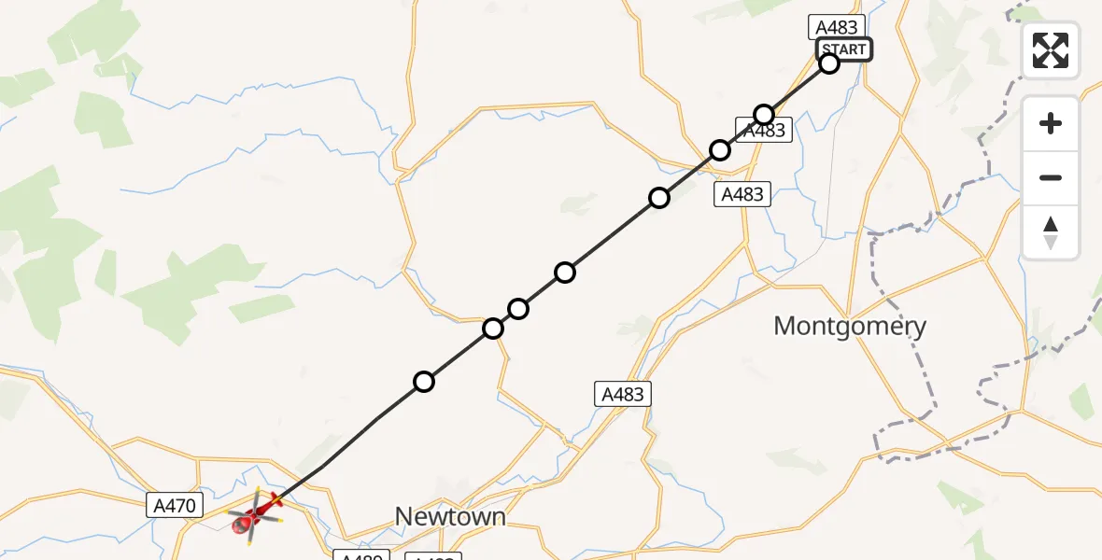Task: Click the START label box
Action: tap(844, 49)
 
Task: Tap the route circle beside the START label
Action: tap(829, 63)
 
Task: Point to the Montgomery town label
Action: tap(850, 326)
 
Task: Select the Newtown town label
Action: tap(450, 516)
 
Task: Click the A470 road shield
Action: tap(175, 506)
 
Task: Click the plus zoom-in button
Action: tap(1051, 123)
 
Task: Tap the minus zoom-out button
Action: tap(1051, 177)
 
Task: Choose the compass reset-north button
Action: tap(1051, 231)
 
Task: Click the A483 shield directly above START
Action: tap(834, 27)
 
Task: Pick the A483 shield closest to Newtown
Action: tap(623, 394)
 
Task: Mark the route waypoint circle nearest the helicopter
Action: tap(424, 381)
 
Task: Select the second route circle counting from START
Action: tap(764, 115)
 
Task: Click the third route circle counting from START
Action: tap(720, 149)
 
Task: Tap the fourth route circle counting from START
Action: tap(659, 197)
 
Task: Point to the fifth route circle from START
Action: tap(564, 273)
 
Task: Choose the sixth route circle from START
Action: tap(518, 308)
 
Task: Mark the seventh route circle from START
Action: tap(493, 329)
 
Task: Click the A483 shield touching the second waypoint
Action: tap(766, 132)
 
